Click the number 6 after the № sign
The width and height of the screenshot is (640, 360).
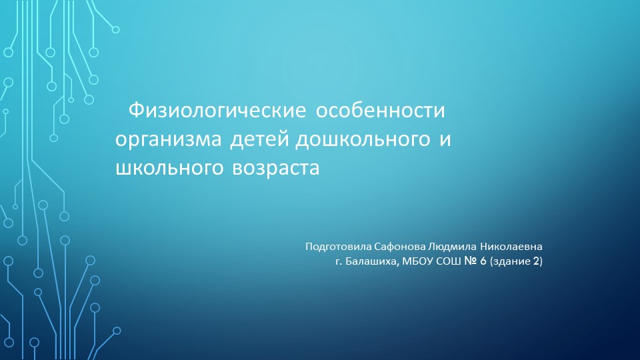(x=483, y=262)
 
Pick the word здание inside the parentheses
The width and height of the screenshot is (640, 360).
(x=513, y=262)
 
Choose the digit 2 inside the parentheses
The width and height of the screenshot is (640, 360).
(x=536, y=262)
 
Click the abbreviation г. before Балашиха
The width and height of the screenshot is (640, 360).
(x=339, y=262)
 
